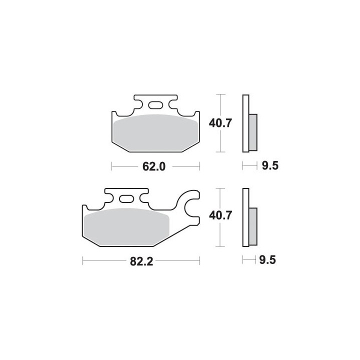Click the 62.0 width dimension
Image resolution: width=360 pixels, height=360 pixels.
point(154,166)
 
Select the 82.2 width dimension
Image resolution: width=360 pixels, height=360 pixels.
point(141,261)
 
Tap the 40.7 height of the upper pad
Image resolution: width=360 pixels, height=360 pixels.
point(220,123)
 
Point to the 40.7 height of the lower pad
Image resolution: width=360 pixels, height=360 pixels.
point(220,215)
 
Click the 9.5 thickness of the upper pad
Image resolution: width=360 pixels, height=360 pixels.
point(270,165)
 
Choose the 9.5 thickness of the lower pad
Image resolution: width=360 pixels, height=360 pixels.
point(267,260)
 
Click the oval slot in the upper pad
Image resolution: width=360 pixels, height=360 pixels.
point(155,105)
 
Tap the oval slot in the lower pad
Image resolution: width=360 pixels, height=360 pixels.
point(126,198)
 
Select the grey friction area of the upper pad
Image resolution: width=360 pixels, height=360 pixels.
point(155,132)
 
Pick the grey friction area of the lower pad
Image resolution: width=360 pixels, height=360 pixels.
point(126,227)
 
